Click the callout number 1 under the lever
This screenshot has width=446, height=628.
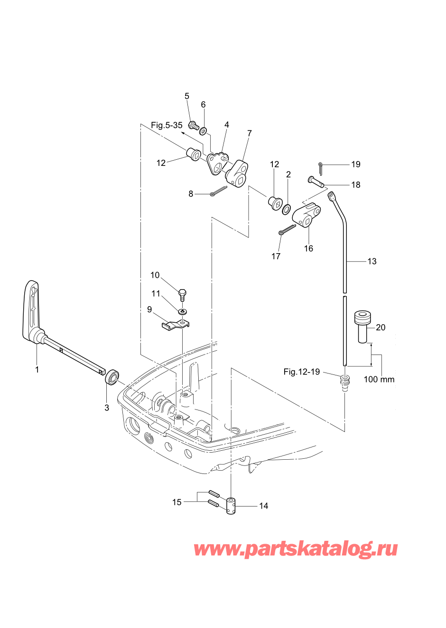coord(37,370)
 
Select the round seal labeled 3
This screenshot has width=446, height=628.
coord(112,377)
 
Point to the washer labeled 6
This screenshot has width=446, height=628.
coord(203,131)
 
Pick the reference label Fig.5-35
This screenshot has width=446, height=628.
coord(167,125)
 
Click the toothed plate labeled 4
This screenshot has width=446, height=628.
coord(217,163)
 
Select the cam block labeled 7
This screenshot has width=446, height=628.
coord(237,174)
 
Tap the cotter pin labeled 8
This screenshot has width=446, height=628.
coord(219,191)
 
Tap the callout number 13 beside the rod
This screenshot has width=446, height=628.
coord(372,261)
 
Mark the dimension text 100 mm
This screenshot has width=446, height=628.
coord(379,380)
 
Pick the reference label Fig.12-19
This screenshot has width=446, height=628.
coord(301,372)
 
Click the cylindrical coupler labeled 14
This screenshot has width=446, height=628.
coord(231,506)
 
